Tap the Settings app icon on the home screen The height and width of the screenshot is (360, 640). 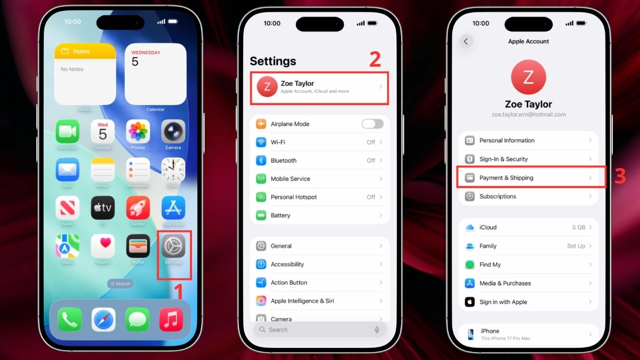click(x=173, y=246)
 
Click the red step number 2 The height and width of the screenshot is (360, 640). click(x=375, y=60)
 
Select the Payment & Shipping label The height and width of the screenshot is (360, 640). click(x=506, y=178)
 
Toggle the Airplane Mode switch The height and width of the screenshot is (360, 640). click(x=372, y=124)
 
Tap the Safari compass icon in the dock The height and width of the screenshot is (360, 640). click(x=103, y=319)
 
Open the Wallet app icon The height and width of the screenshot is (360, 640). click(x=138, y=246)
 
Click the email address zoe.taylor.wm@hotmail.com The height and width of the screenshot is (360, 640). click(x=528, y=115)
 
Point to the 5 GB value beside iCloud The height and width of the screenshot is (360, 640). click(x=579, y=227)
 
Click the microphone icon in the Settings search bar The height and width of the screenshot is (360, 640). click(x=377, y=330)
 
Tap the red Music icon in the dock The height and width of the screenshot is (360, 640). click(x=171, y=319)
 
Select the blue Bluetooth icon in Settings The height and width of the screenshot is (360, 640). click(x=261, y=161)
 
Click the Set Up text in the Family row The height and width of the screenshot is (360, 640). click(x=576, y=246)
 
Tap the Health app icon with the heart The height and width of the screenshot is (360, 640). click(x=103, y=246)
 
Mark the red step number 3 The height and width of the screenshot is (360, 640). click(x=619, y=177)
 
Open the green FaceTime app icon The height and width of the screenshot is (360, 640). click(x=68, y=131)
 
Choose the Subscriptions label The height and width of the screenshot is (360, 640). click(x=498, y=196)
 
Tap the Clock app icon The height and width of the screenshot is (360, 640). click(x=173, y=170)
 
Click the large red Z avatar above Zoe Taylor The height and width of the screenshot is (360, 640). click(x=528, y=77)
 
